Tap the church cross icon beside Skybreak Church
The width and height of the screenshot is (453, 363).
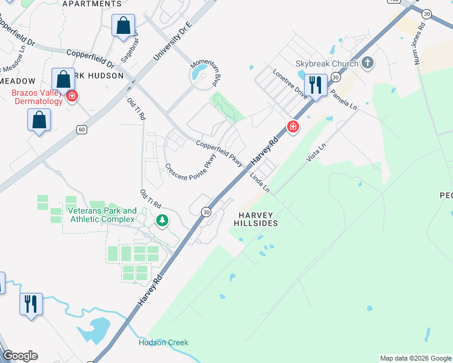[x=367, y=62]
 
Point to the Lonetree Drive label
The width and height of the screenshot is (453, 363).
[x=290, y=85]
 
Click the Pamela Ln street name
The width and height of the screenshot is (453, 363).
[x=343, y=98]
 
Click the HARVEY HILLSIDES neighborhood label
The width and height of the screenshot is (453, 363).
[x=256, y=219]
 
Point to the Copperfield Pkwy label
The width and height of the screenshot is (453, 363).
[x=219, y=154]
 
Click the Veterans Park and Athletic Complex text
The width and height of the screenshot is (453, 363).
[x=102, y=215]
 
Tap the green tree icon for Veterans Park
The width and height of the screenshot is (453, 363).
[x=162, y=220]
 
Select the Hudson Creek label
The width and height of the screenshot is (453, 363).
[x=164, y=342]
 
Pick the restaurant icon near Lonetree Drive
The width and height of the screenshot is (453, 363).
[x=316, y=85]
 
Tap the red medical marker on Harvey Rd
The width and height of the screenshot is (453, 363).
[x=293, y=126]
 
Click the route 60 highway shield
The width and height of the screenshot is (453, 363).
[x=81, y=129]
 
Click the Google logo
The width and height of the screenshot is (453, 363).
[x=20, y=356]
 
